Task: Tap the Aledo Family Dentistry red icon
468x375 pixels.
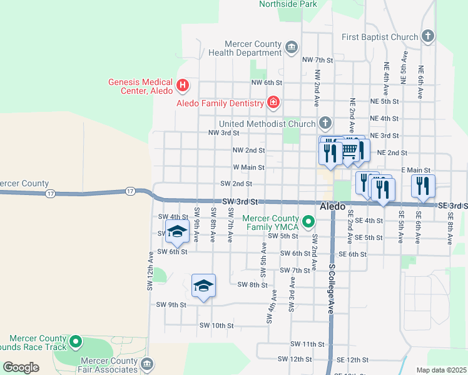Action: pyautogui.click(x=273, y=102)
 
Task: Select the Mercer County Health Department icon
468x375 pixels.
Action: pyautogui.click(x=291, y=47)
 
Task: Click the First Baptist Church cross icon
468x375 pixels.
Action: pyautogui.click(x=428, y=36)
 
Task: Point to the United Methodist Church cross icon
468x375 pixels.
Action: pyautogui.click(x=325, y=122)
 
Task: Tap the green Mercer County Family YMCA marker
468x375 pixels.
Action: pyautogui.click(x=308, y=221)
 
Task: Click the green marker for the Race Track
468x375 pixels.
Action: pyautogui.click(x=76, y=342)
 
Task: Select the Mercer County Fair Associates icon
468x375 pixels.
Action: pyautogui.click(x=147, y=364)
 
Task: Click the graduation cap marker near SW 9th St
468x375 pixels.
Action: pyautogui.click(x=203, y=286)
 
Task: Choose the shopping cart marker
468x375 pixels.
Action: pyautogui.click(x=348, y=150)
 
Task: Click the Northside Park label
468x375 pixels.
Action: pyautogui.click(x=288, y=4)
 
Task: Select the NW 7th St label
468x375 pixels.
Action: pyautogui.click(x=317, y=60)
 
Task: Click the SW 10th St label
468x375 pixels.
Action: pyautogui.click(x=216, y=326)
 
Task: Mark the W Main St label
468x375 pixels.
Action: pyautogui.click(x=248, y=167)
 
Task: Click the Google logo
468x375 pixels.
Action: pyautogui.click(x=21, y=367)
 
